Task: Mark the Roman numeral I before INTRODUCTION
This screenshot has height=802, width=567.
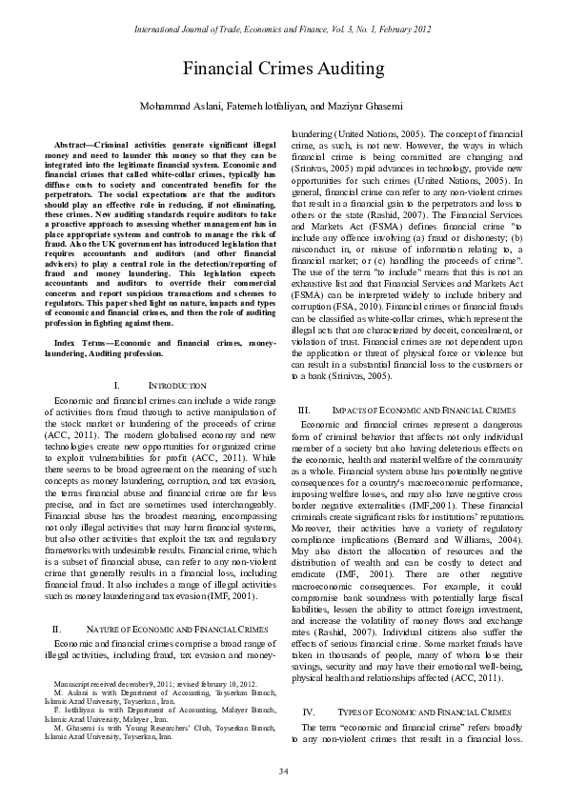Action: pyautogui.click(x=115, y=385)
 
